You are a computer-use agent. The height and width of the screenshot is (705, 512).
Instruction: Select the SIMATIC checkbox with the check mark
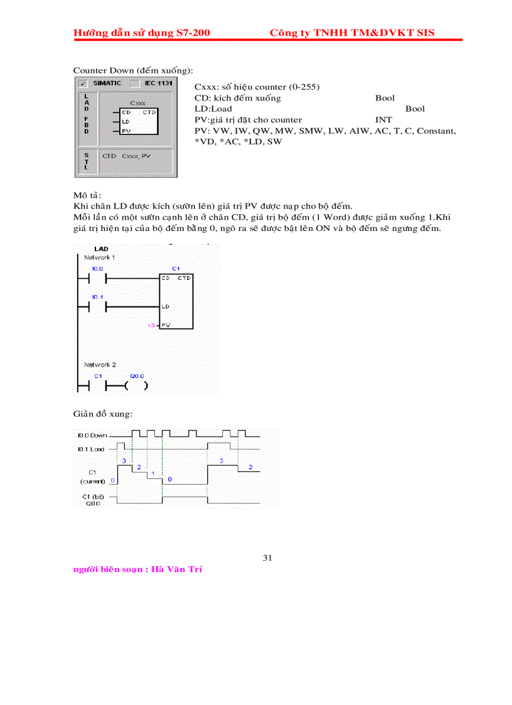pyautogui.click(x=83, y=83)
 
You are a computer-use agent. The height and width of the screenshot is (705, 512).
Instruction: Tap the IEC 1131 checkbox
pyautogui.click(x=134, y=83)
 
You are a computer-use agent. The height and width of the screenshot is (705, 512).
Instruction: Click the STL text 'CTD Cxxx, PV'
pyautogui.click(x=129, y=155)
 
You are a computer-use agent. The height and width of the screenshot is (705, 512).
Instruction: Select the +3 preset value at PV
pyautogui.click(x=151, y=325)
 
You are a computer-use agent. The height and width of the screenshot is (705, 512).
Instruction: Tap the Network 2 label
pyautogui.click(x=100, y=364)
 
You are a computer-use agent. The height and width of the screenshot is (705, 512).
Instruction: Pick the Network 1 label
pyautogui.click(x=100, y=257)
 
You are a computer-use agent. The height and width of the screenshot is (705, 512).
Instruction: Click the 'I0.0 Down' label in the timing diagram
pyautogui.click(x=92, y=434)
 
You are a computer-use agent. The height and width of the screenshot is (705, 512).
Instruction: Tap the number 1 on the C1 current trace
pyautogui.click(x=153, y=473)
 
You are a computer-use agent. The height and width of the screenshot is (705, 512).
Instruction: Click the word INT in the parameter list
pyautogui.click(x=383, y=119)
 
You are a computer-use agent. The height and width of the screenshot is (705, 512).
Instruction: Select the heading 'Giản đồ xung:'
pyautogui.click(x=103, y=414)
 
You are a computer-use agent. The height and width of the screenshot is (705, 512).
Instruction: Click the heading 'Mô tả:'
pyautogui.click(x=87, y=195)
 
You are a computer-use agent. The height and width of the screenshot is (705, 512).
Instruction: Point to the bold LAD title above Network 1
pyautogui.click(x=100, y=249)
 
